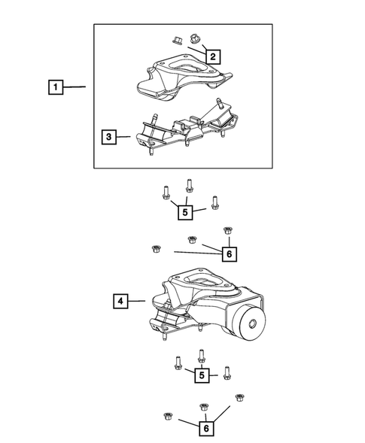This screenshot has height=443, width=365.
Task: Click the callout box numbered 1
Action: tap(56, 87)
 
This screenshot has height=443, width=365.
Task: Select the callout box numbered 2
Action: tap(213, 56)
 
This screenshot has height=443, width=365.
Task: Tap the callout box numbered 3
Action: tap(109, 137)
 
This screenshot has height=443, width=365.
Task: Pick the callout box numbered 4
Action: tap(120, 301)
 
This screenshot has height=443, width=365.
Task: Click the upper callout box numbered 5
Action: tap(185, 212)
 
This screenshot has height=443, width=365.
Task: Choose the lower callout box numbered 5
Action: tap(202, 375)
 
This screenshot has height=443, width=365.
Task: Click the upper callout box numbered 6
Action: tap(230, 254)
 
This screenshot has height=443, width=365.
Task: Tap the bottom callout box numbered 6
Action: tap(206, 428)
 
